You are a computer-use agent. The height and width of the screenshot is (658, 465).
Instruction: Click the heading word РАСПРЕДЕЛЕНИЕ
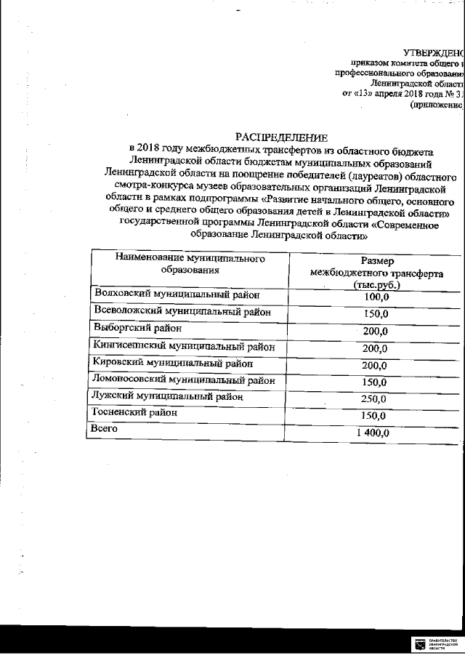[281, 137]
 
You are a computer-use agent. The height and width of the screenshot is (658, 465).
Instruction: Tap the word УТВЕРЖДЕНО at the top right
[433, 52]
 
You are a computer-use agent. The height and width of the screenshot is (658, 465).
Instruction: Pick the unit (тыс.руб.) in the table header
[376, 286]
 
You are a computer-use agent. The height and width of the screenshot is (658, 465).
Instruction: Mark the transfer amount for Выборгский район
[376, 332]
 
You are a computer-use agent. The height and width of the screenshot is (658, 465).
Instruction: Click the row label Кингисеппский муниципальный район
[185, 345]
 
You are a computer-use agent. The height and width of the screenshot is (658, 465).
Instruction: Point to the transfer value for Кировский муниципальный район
[376, 365]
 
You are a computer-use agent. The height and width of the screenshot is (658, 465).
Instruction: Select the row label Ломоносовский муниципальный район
[185, 380]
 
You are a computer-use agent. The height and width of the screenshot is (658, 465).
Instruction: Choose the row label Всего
[105, 430]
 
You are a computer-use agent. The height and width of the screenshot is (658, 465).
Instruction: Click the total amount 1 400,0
[373, 433]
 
